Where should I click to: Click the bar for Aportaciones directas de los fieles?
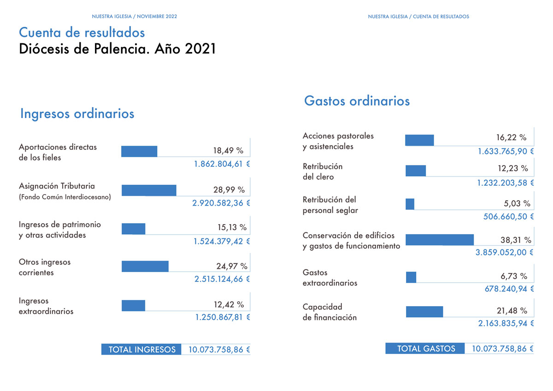click(139, 151)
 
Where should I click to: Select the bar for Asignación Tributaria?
click(149, 190)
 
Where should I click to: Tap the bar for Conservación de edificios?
click(440, 240)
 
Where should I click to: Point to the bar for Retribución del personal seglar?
click(410, 204)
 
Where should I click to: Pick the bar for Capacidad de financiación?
click(424, 312)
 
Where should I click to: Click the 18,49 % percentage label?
click(228, 150)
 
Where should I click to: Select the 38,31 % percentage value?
click(516, 240)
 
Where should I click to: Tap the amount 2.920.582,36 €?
click(221, 203)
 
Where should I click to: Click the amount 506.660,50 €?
click(508, 217)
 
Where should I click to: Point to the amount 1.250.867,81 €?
click(223, 317)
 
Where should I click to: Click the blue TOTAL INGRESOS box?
click(141, 349)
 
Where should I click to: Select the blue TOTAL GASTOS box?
click(425, 348)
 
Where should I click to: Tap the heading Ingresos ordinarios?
click(77, 113)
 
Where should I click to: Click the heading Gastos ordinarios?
click(357, 101)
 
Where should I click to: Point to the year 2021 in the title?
click(200, 49)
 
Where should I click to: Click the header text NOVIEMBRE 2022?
click(157, 16)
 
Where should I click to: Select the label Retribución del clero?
click(323, 172)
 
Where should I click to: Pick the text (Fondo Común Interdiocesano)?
click(65, 197)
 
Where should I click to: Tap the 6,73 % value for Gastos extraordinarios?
click(514, 276)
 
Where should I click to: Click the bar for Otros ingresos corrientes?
click(145, 266)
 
